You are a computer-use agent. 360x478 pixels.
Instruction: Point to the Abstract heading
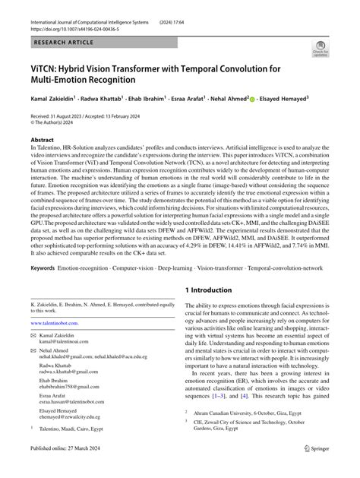coord(42,141)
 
